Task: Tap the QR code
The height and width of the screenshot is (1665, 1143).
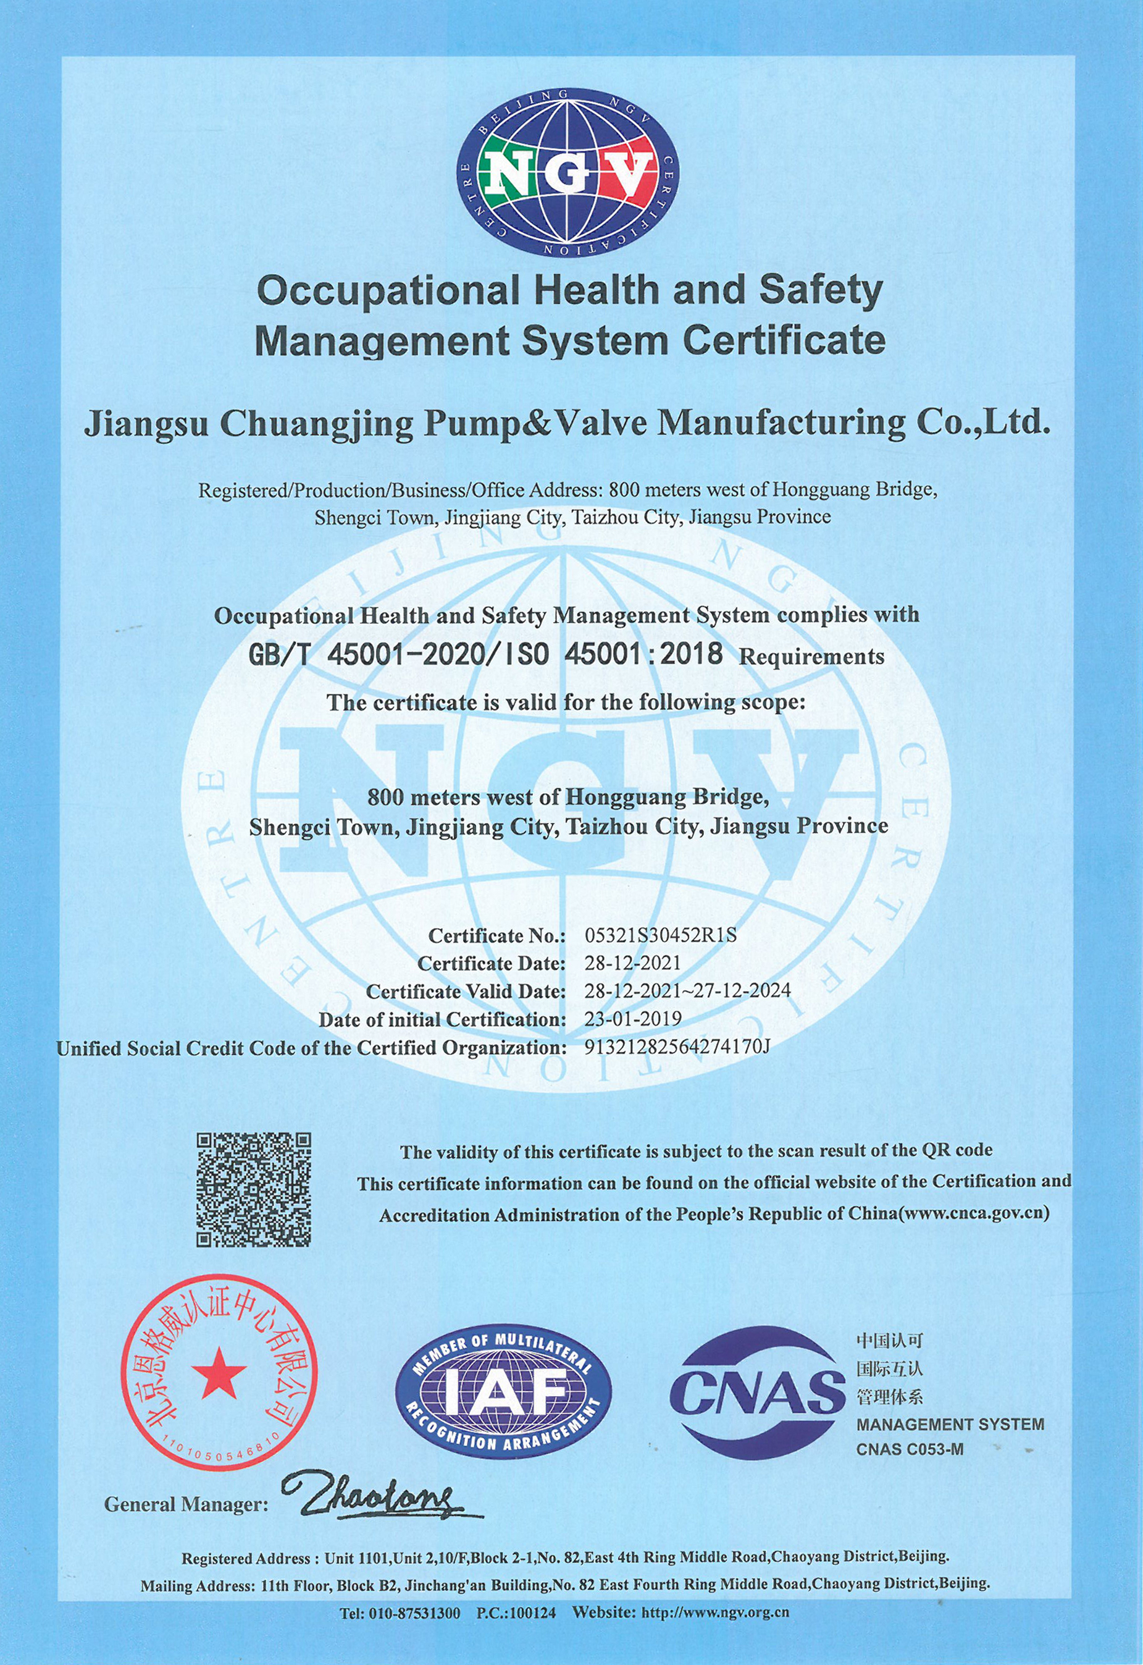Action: tap(254, 1189)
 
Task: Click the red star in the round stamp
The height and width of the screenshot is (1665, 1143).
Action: tap(219, 1372)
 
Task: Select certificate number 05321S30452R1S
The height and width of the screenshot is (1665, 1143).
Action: tap(660, 935)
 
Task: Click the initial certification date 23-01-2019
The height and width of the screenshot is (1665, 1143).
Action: tap(633, 1018)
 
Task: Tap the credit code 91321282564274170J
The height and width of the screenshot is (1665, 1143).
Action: tap(677, 1047)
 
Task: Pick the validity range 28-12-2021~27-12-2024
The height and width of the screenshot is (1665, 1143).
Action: tap(687, 990)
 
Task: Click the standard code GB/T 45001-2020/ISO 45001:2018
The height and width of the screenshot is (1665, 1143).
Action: tap(485, 654)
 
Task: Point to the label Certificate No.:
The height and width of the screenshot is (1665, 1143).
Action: tap(496, 935)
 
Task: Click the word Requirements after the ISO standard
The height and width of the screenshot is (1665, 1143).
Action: tap(811, 656)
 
